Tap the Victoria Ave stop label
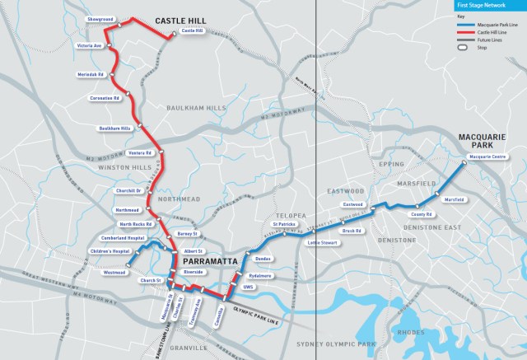[89, 46]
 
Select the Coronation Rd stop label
[105, 98]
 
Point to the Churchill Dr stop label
[128, 190]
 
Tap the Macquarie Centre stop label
[486, 155]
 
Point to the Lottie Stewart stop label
[324, 243]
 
